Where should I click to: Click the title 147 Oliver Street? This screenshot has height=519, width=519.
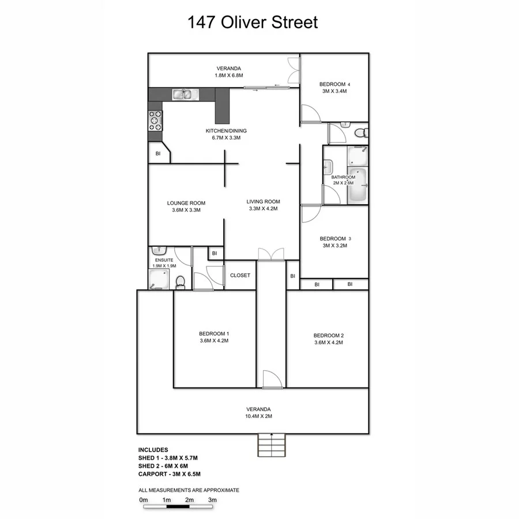(x=253, y=23)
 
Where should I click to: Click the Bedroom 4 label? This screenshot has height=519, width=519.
(x=334, y=84)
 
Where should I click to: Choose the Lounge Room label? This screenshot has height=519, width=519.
(x=186, y=203)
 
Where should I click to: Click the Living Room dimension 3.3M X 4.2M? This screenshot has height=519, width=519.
(x=263, y=209)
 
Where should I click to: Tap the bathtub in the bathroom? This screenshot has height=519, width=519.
(x=358, y=185)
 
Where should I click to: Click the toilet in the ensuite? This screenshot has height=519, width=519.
(x=180, y=281)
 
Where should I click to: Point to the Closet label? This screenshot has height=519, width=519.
(x=240, y=276)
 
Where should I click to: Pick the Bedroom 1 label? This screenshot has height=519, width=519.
(x=214, y=333)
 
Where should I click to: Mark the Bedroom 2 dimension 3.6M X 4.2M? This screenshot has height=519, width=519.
(x=328, y=343)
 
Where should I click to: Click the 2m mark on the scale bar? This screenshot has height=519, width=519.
(x=189, y=500)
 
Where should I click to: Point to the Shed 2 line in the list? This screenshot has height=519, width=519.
(x=164, y=466)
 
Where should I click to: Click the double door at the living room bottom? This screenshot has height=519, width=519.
(x=271, y=254)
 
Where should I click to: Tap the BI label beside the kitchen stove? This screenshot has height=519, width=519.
(x=157, y=153)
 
